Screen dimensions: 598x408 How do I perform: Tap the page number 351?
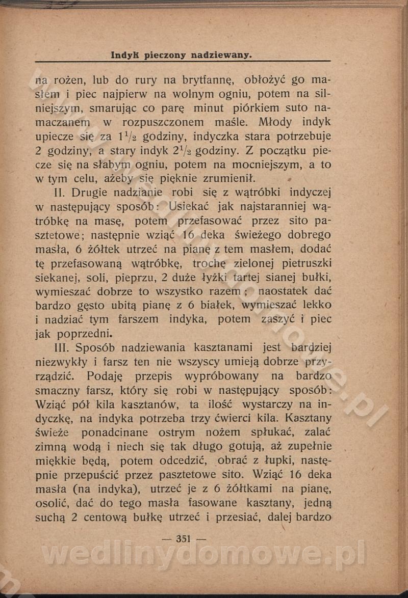(x=183, y=539)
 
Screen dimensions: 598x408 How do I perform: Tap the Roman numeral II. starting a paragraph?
(x=60, y=193)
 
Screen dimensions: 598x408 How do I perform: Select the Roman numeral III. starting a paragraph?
(x=62, y=347)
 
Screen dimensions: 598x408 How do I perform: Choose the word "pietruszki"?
(x=305, y=263)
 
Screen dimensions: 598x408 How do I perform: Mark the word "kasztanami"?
(x=223, y=347)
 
